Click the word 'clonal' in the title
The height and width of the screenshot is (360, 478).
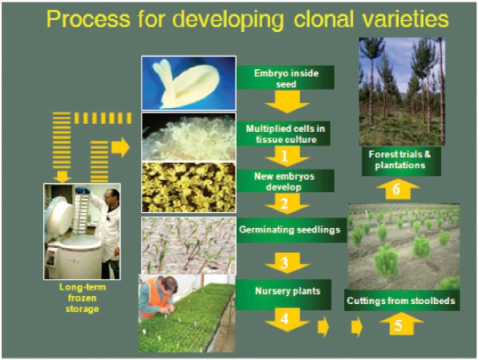[325, 19]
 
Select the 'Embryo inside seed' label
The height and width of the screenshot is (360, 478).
[285, 78]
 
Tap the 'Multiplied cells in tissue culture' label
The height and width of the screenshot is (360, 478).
[285, 133]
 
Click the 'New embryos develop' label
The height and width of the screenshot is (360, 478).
[284, 181]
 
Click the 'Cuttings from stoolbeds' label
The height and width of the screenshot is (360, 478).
[401, 300]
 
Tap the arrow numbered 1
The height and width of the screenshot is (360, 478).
[286, 156]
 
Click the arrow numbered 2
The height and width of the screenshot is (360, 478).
[286, 203]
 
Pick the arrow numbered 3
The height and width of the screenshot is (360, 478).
[286, 262]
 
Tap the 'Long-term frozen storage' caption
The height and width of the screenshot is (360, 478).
[82, 298]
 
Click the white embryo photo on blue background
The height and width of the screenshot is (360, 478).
[189, 83]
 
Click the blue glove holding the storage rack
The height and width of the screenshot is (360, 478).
[82, 191]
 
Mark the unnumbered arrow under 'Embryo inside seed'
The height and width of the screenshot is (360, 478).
[286, 102]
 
